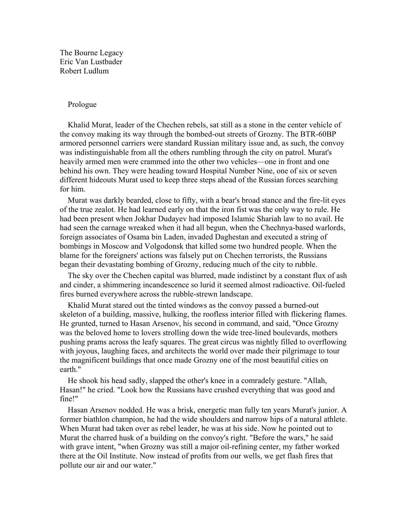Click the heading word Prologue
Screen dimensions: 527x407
point(82,105)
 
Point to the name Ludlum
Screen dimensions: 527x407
point(96,71)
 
